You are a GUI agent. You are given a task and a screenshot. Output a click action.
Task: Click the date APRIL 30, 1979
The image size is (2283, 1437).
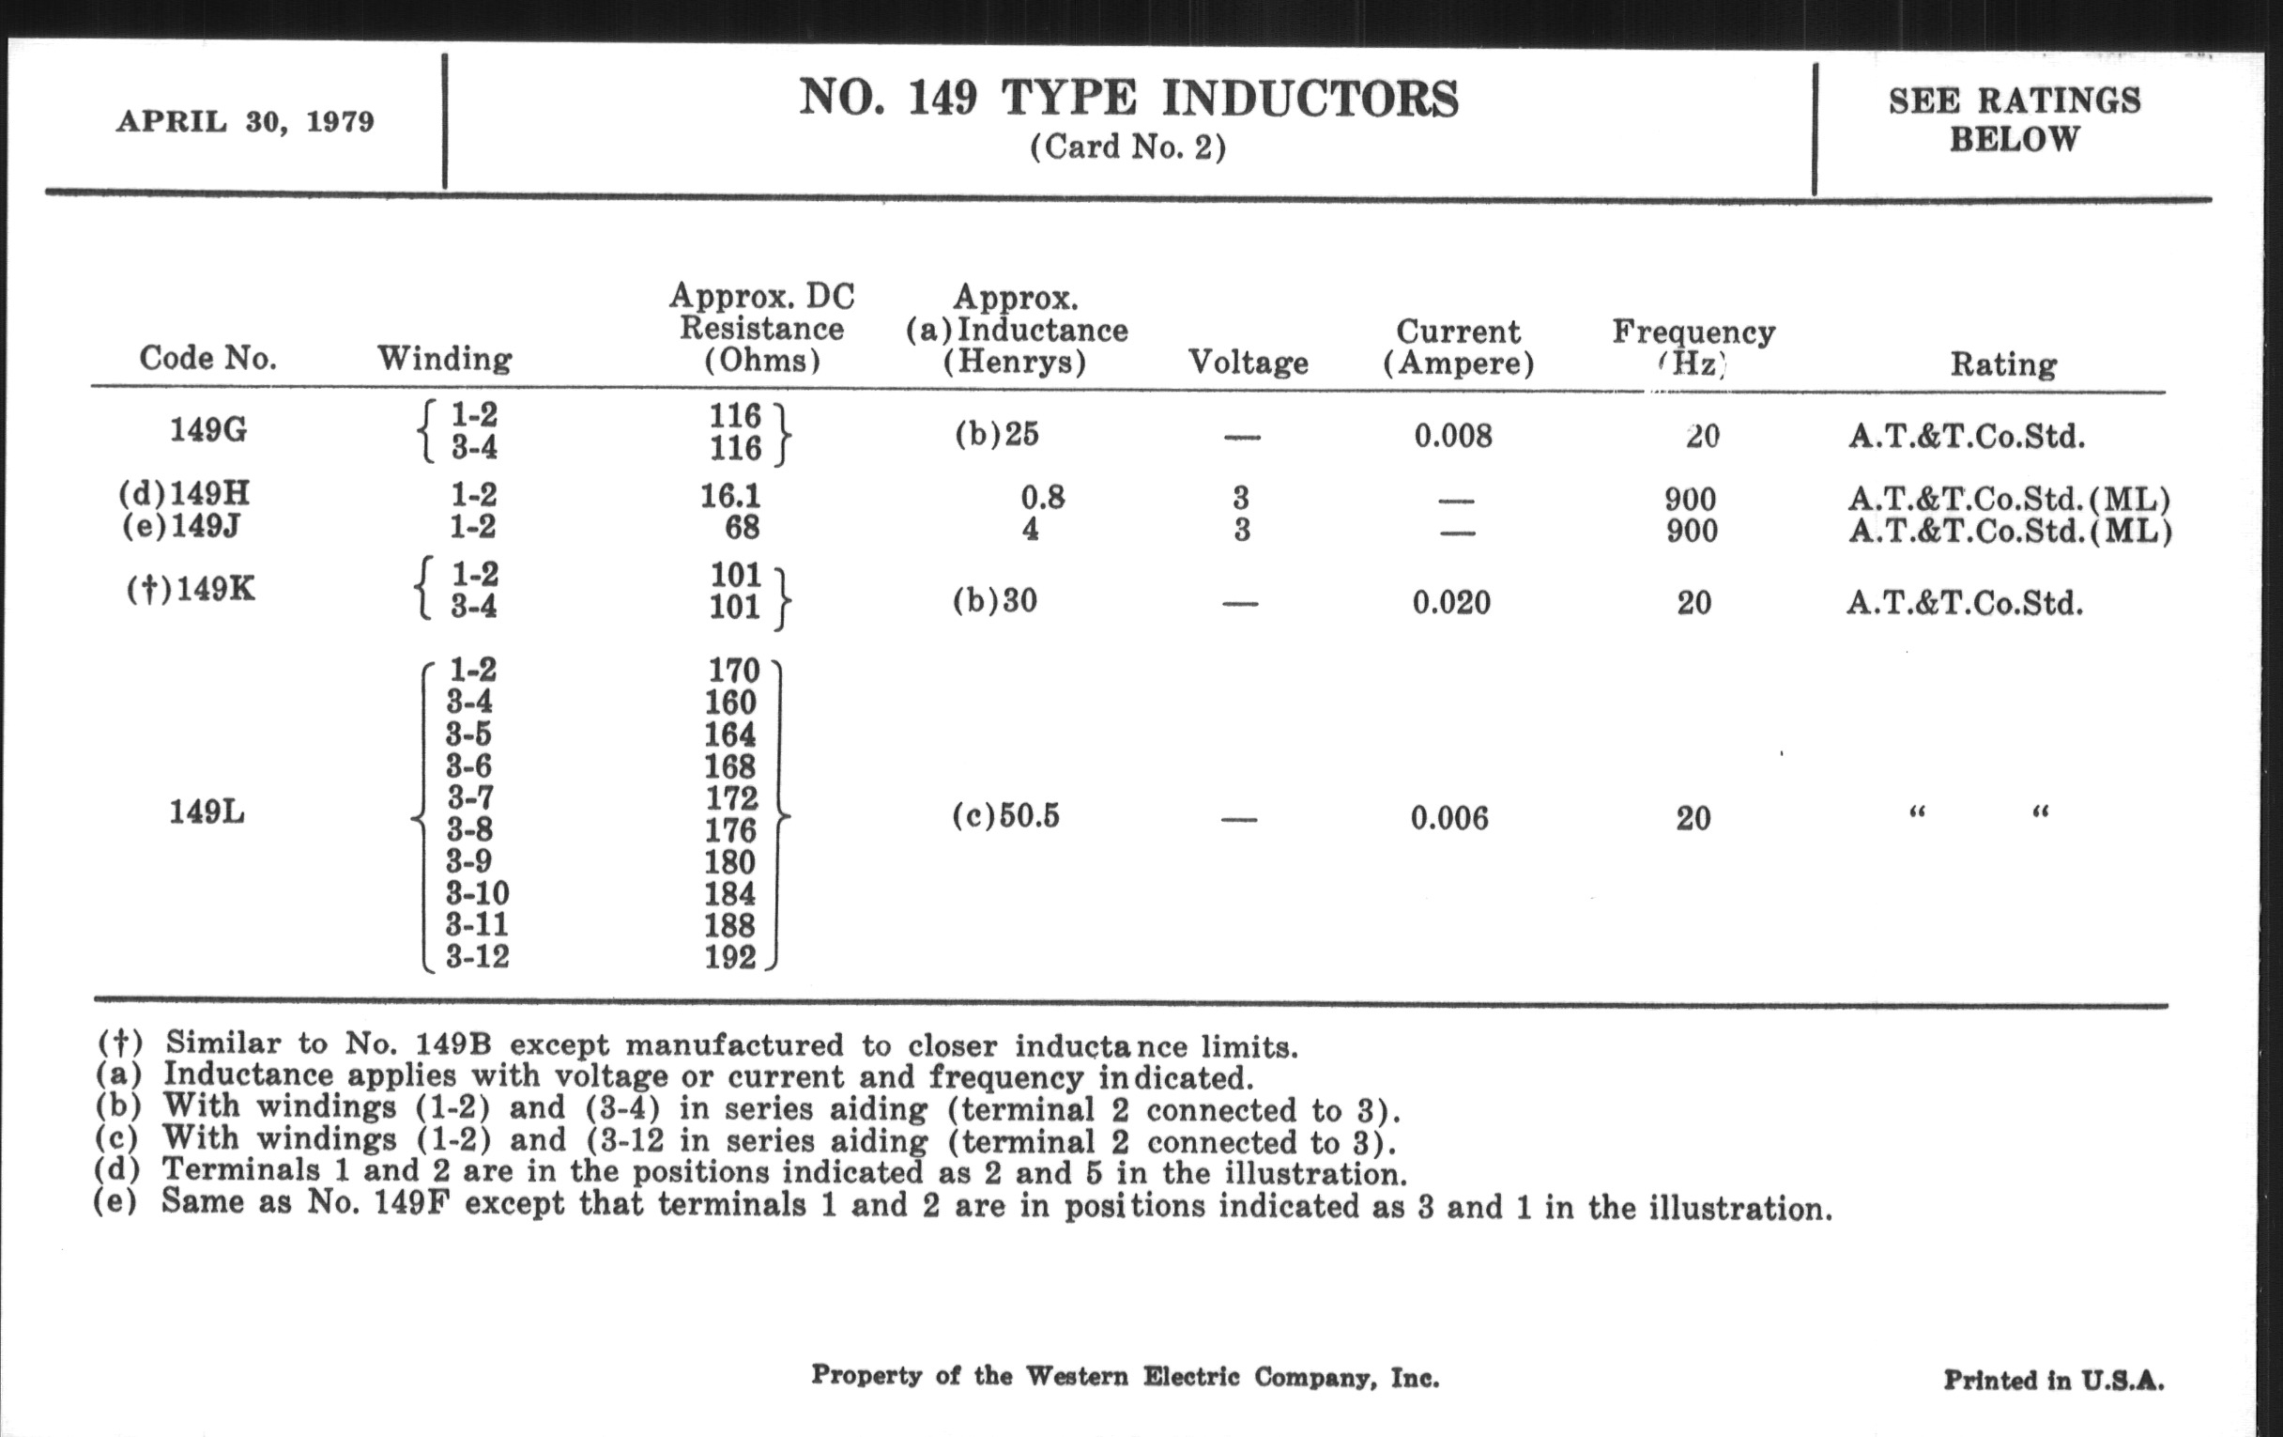click(245, 122)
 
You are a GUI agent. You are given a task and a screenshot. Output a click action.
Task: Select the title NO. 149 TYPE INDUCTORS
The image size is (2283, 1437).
click(1128, 99)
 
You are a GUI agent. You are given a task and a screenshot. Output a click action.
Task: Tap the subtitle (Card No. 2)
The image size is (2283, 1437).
click(1127, 147)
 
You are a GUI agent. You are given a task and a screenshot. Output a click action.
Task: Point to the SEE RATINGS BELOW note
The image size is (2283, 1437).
click(2014, 119)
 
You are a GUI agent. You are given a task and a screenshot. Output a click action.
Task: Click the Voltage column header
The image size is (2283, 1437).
click(1248, 363)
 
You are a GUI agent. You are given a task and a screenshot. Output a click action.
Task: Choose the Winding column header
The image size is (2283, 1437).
click(445, 359)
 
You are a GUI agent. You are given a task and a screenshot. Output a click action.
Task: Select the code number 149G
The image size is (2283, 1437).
click(208, 430)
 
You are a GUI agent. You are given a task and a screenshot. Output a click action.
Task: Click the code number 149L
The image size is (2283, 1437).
click(207, 812)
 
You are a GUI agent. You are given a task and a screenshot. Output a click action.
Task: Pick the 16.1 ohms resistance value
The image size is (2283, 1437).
click(730, 495)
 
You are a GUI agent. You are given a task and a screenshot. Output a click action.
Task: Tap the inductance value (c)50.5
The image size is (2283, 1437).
click(1006, 816)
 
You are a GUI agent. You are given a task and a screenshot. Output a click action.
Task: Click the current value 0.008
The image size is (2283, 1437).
click(1452, 437)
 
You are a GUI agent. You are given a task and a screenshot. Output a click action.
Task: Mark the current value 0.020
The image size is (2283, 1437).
click(1450, 602)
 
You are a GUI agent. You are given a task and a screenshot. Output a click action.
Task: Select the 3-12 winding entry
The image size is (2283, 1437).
click(478, 956)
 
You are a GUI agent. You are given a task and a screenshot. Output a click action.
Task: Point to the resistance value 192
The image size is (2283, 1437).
click(730, 957)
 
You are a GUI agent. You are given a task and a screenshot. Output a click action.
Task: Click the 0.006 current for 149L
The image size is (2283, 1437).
click(1448, 818)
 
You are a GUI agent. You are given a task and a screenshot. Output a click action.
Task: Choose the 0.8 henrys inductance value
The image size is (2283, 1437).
click(1042, 497)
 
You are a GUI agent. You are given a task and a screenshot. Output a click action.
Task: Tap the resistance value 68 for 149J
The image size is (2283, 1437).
click(742, 528)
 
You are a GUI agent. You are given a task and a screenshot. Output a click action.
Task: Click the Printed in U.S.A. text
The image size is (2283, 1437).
click(2054, 1379)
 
